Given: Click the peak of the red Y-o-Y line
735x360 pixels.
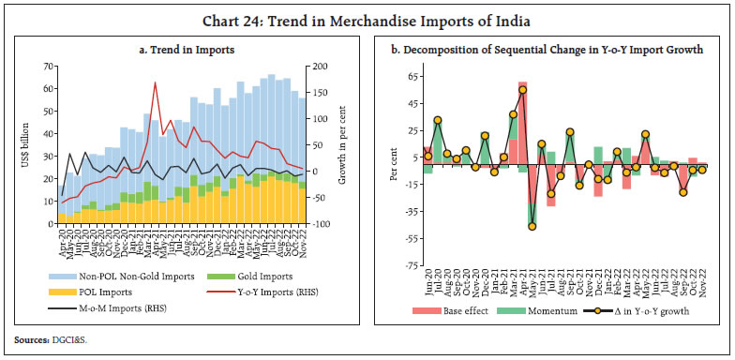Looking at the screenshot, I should (x=155, y=82).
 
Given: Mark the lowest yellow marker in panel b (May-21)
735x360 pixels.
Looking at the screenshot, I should (x=532, y=226).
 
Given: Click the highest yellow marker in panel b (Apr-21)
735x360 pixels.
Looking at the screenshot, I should (x=522, y=90).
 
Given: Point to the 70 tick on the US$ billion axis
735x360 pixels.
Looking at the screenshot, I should (x=47, y=67).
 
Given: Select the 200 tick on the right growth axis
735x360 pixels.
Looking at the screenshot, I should (x=322, y=67).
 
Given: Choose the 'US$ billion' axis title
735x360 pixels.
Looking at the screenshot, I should (x=24, y=145).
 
